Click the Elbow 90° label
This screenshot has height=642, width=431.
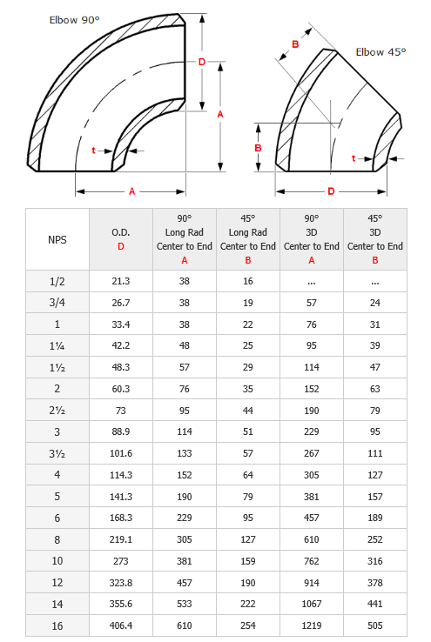76,17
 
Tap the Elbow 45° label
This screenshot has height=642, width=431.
380,52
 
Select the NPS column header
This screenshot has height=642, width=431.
57,239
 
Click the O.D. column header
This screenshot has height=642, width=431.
120,239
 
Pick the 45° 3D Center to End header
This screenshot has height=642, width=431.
374,239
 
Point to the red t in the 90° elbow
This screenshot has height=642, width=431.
93,150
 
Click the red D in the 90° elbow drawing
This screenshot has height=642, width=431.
201,62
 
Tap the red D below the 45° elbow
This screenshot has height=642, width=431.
331,191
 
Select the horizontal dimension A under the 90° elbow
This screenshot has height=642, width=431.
131,191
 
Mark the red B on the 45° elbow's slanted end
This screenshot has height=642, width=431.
295,44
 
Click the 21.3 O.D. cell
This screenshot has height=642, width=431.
120,282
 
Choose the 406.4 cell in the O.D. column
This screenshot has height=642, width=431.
120,625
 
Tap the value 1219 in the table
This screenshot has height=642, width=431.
311,625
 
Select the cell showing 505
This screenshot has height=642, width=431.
374,625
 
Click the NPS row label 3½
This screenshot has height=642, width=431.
57,453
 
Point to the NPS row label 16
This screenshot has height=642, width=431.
57,625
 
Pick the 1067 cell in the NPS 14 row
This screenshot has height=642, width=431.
311,604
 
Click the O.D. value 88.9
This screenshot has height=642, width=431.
120,432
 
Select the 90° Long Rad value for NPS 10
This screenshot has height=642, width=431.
184,561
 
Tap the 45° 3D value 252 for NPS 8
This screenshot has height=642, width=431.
374,539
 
